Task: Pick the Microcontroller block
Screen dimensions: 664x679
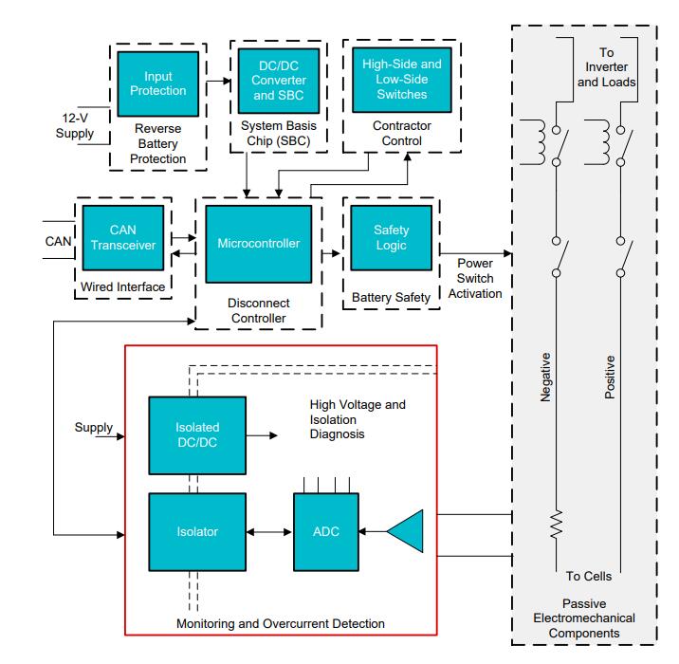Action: [258, 244]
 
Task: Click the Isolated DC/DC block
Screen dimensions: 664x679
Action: [195, 435]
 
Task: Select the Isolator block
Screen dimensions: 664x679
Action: [195, 531]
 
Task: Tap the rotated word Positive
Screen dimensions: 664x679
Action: [610, 377]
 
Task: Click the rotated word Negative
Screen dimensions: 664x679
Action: [545, 377]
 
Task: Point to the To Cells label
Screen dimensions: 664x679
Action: [588, 576]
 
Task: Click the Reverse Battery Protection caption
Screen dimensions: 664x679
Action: [157, 144]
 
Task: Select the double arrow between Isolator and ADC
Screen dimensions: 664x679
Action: [272, 531]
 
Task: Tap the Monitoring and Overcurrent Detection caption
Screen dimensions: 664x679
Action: [280, 623]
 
